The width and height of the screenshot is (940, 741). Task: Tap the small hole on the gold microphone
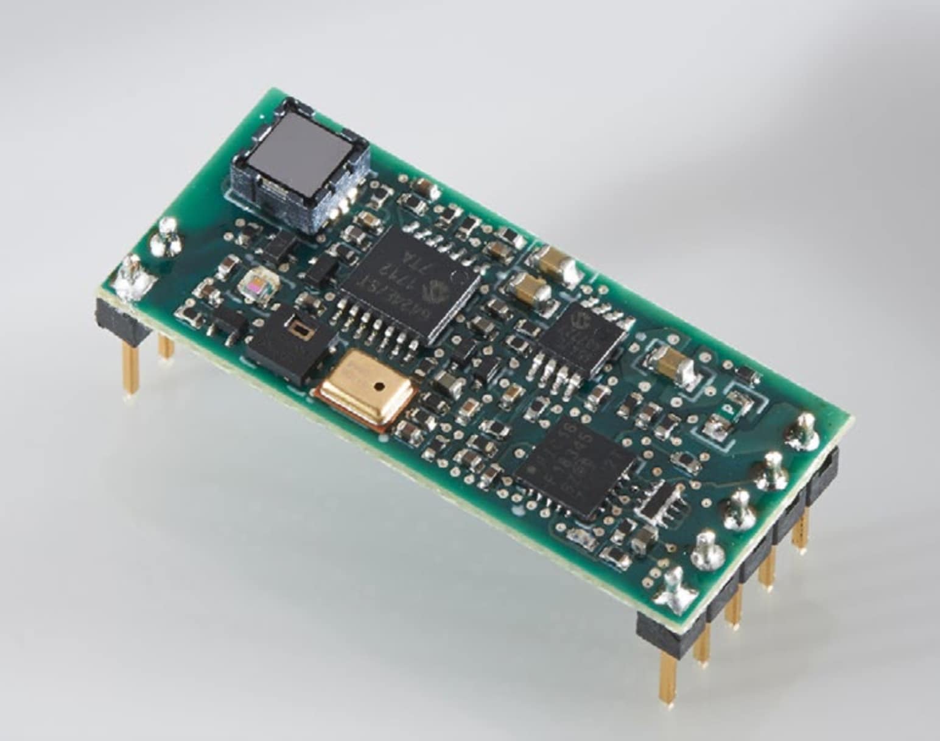tap(379, 386)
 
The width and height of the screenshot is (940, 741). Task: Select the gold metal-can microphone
tap(364, 388)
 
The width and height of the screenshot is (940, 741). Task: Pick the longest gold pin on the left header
tap(130, 366)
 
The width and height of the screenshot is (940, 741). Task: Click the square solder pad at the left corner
tap(135, 278)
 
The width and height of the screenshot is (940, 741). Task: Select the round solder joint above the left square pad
tap(166, 238)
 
